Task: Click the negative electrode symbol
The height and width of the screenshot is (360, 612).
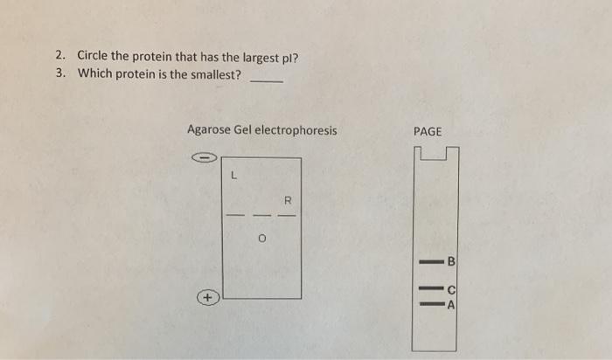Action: click(x=203, y=158)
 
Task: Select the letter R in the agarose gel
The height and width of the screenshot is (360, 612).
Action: click(x=286, y=197)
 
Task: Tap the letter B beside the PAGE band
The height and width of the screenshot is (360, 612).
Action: click(x=451, y=260)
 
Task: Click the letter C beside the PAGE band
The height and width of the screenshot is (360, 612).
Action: click(x=451, y=289)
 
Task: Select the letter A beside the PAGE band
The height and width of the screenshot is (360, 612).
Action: click(x=451, y=304)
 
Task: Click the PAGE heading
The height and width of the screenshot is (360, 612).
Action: click(x=428, y=131)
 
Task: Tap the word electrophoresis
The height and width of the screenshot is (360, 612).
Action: click(x=296, y=131)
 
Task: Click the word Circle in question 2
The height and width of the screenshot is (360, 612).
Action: click(x=93, y=56)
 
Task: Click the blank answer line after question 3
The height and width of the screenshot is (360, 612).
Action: click(x=266, y=80)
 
